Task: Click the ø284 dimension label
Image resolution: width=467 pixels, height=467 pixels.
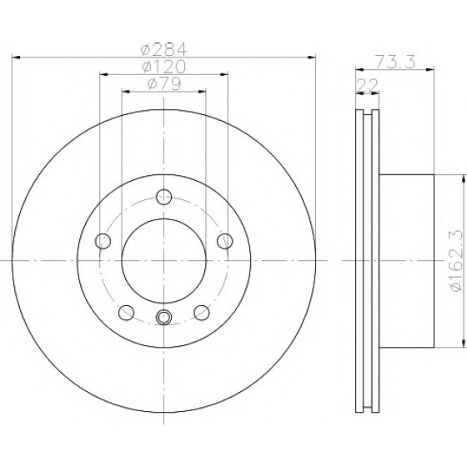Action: pyautogui.click(x=163, y=49)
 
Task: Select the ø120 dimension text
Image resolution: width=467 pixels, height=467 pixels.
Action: pyautogui.click(x=163, y=67)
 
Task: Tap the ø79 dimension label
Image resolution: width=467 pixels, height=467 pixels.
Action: pyautogui.click(x=163, y=83)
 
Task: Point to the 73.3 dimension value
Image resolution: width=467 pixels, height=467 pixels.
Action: pyautogui.click(x=394, y=62)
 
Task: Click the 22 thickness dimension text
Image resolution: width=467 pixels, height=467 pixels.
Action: pyautogui.click(x=367, y=85)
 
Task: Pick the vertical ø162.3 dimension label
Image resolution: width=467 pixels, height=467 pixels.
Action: pyautogui.click(x=457, y=261)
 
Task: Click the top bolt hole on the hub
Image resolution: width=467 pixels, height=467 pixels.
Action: pyautogui.click(x=163, y=197)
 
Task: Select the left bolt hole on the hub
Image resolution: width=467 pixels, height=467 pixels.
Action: pyautogui.click(x=103, y=241)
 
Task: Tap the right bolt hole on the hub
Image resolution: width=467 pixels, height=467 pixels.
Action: pyautogui.click(x=225, y=241)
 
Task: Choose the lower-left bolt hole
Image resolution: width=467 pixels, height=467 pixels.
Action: pyautogui.click(x=126, y=313)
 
